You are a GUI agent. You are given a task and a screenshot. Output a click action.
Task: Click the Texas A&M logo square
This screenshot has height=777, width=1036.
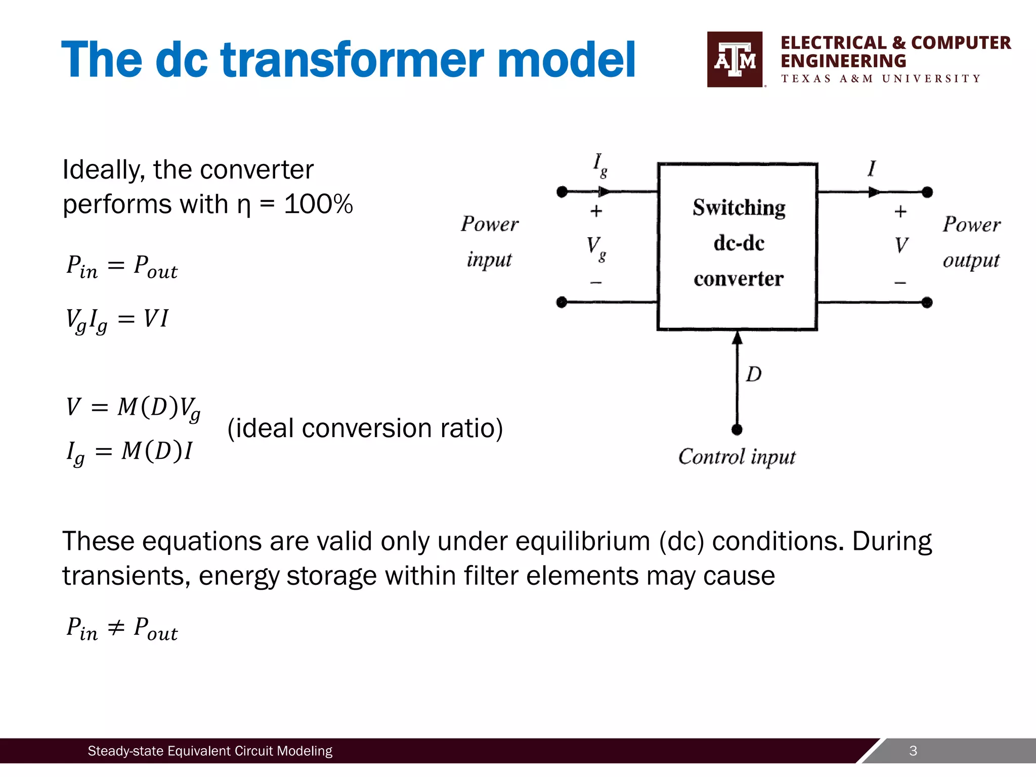735,59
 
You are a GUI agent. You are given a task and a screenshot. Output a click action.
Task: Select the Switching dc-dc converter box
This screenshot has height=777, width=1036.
737,246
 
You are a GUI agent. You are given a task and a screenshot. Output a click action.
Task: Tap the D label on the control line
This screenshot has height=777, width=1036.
753,375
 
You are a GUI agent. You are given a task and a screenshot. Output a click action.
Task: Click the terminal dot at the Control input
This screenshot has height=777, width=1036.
737,430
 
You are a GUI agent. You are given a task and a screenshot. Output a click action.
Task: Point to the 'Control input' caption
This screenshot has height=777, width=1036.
737,457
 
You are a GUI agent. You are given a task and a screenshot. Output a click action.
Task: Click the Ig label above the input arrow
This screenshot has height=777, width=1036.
600,165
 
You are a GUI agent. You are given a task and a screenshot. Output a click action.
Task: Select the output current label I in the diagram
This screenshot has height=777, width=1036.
871,169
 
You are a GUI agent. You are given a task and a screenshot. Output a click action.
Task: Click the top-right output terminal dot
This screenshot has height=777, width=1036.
927,192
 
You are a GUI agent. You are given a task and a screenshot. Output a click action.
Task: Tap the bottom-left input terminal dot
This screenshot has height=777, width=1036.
562,303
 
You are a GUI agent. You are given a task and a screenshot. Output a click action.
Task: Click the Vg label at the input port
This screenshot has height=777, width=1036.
596,247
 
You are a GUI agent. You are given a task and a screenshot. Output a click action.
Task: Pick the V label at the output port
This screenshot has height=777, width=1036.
901,246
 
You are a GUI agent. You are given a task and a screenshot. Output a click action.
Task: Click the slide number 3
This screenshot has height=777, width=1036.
913,751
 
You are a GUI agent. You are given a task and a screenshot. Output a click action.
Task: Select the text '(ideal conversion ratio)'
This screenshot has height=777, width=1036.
365,428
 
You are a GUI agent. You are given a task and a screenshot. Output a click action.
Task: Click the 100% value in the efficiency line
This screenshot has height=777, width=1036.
318,204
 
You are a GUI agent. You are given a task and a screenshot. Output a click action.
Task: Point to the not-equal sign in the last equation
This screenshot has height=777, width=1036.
116,628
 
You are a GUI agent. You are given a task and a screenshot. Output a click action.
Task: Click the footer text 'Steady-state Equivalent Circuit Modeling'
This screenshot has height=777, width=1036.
210,751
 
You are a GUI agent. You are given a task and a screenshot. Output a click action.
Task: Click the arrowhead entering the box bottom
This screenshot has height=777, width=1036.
737,338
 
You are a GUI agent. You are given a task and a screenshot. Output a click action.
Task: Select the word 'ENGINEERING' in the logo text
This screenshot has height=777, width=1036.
843,61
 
